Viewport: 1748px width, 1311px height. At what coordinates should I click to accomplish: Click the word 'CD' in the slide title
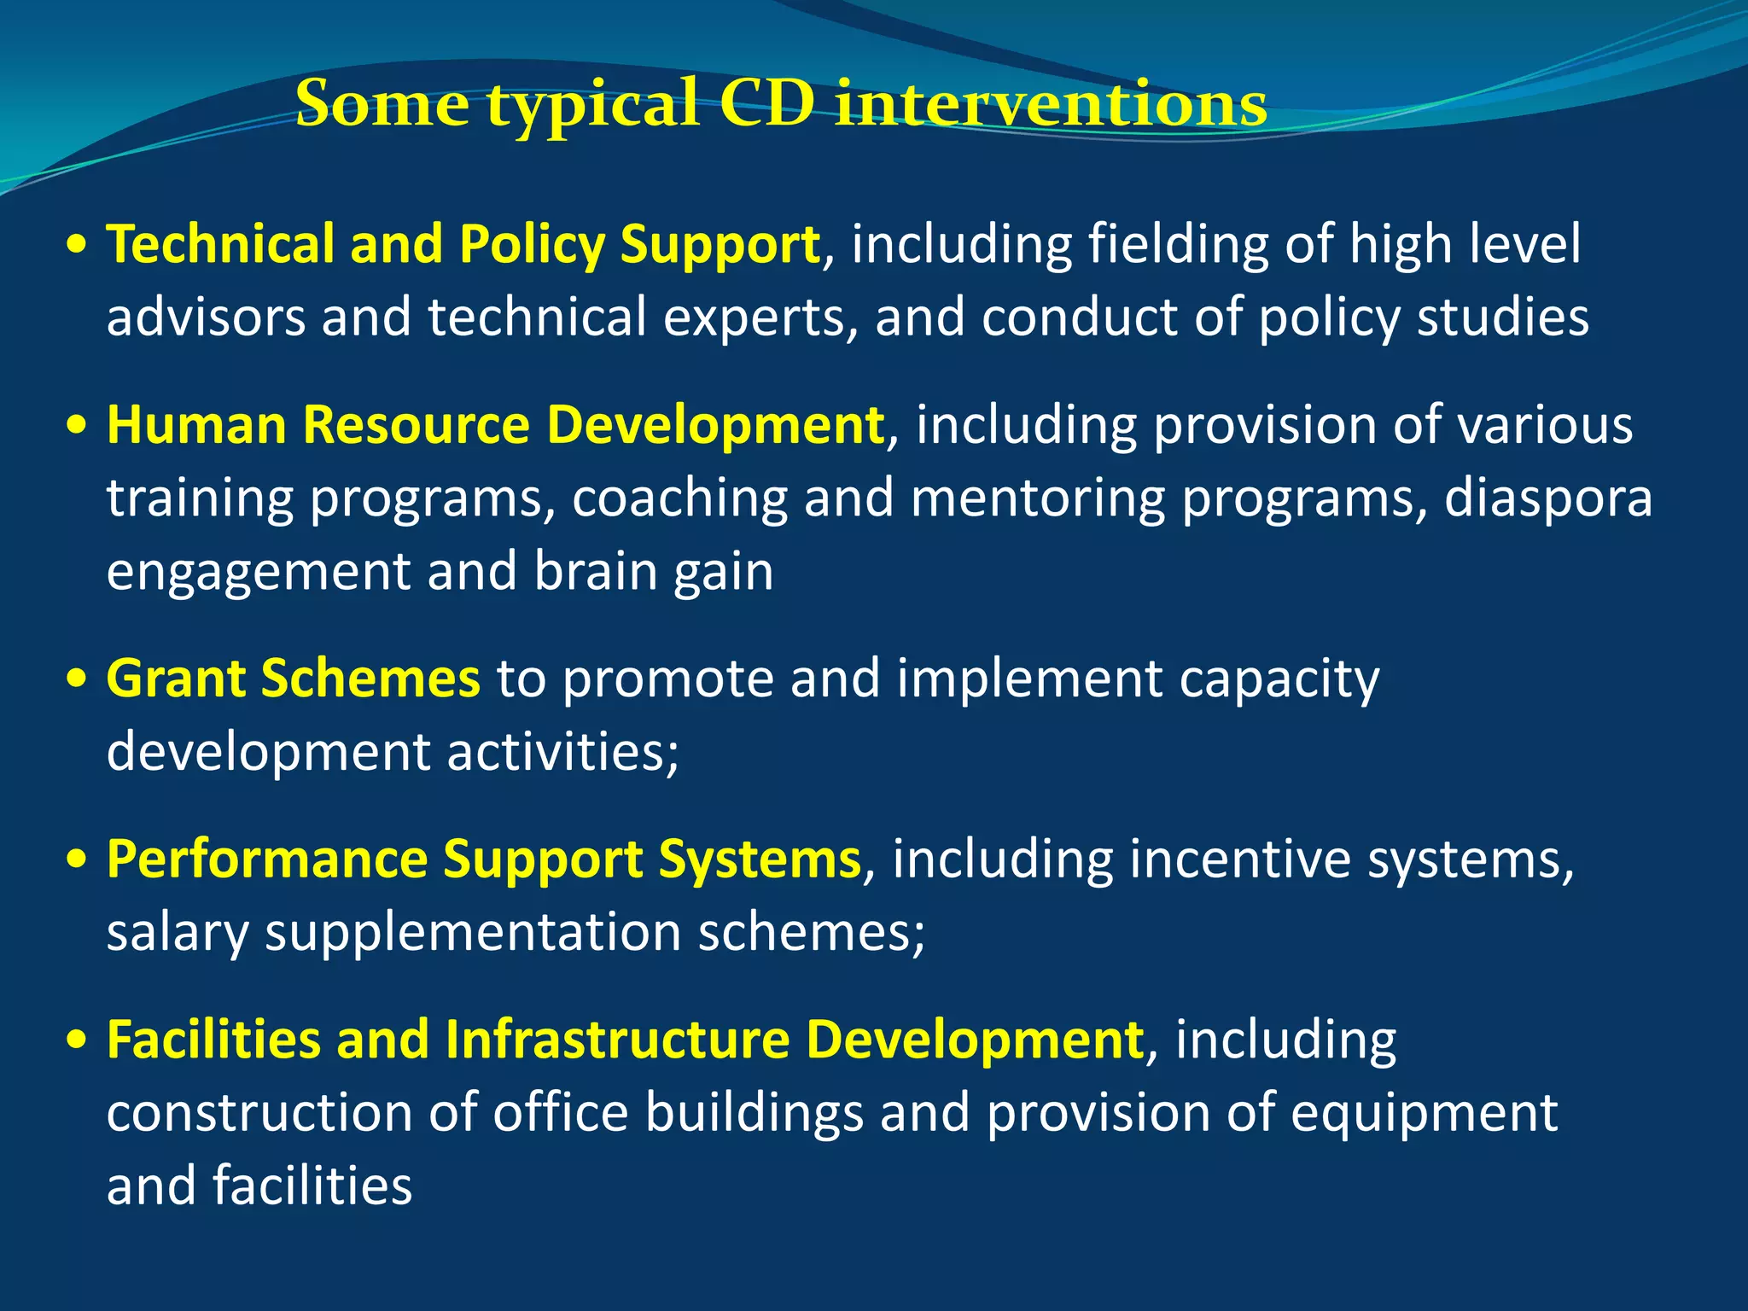pos(766,103)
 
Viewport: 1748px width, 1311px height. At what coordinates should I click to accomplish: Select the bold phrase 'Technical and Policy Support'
pos(463,245)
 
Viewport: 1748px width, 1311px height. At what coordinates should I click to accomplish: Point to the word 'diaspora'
pos(1547,498)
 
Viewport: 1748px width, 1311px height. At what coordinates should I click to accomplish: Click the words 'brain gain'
pos(653,572)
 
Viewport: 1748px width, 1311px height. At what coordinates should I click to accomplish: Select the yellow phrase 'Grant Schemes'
pos(293,679)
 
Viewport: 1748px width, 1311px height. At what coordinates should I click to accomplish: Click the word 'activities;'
pos(562,752)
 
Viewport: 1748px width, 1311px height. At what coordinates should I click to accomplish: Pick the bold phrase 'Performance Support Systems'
pos(483,859)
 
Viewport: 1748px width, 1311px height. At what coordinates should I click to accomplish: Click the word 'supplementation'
pos(474,932)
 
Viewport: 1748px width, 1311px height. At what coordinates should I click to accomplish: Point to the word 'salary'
pos(178,932)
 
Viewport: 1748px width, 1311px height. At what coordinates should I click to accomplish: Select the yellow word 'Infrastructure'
pos(618,1040)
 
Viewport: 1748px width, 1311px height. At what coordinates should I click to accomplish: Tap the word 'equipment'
pos(1424,1115)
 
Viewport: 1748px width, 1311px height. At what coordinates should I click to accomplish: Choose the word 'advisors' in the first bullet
pos(206,318)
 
